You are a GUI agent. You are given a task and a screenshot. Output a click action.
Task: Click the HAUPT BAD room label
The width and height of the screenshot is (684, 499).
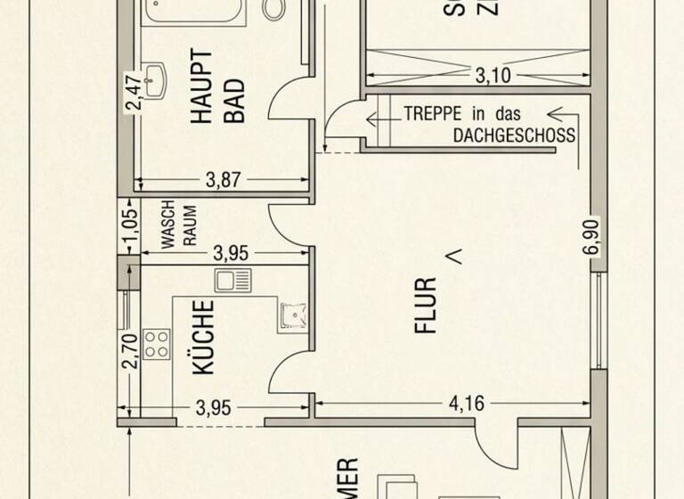217,86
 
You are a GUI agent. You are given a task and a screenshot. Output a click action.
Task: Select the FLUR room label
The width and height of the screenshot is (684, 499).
427,306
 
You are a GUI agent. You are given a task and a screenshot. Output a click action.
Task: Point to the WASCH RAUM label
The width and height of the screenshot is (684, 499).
178,228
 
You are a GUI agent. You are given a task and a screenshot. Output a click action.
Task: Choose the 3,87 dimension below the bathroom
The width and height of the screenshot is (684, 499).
223,180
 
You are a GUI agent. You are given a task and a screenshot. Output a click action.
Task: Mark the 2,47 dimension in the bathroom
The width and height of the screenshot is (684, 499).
133,94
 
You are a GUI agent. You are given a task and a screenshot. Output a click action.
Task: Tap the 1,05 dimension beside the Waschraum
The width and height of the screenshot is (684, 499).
131,227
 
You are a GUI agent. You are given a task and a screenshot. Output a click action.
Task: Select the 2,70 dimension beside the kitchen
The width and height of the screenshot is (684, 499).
131,349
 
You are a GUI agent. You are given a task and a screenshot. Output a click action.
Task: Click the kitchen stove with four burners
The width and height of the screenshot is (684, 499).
157,344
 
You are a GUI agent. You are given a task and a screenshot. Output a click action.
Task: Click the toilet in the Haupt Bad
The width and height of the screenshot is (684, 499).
274,9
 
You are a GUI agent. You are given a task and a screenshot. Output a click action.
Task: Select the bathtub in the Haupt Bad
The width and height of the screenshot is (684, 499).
194,11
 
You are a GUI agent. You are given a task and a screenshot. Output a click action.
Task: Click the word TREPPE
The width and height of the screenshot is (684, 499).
432,114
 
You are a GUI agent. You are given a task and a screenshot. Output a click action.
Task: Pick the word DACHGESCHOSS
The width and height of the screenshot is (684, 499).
514,136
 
